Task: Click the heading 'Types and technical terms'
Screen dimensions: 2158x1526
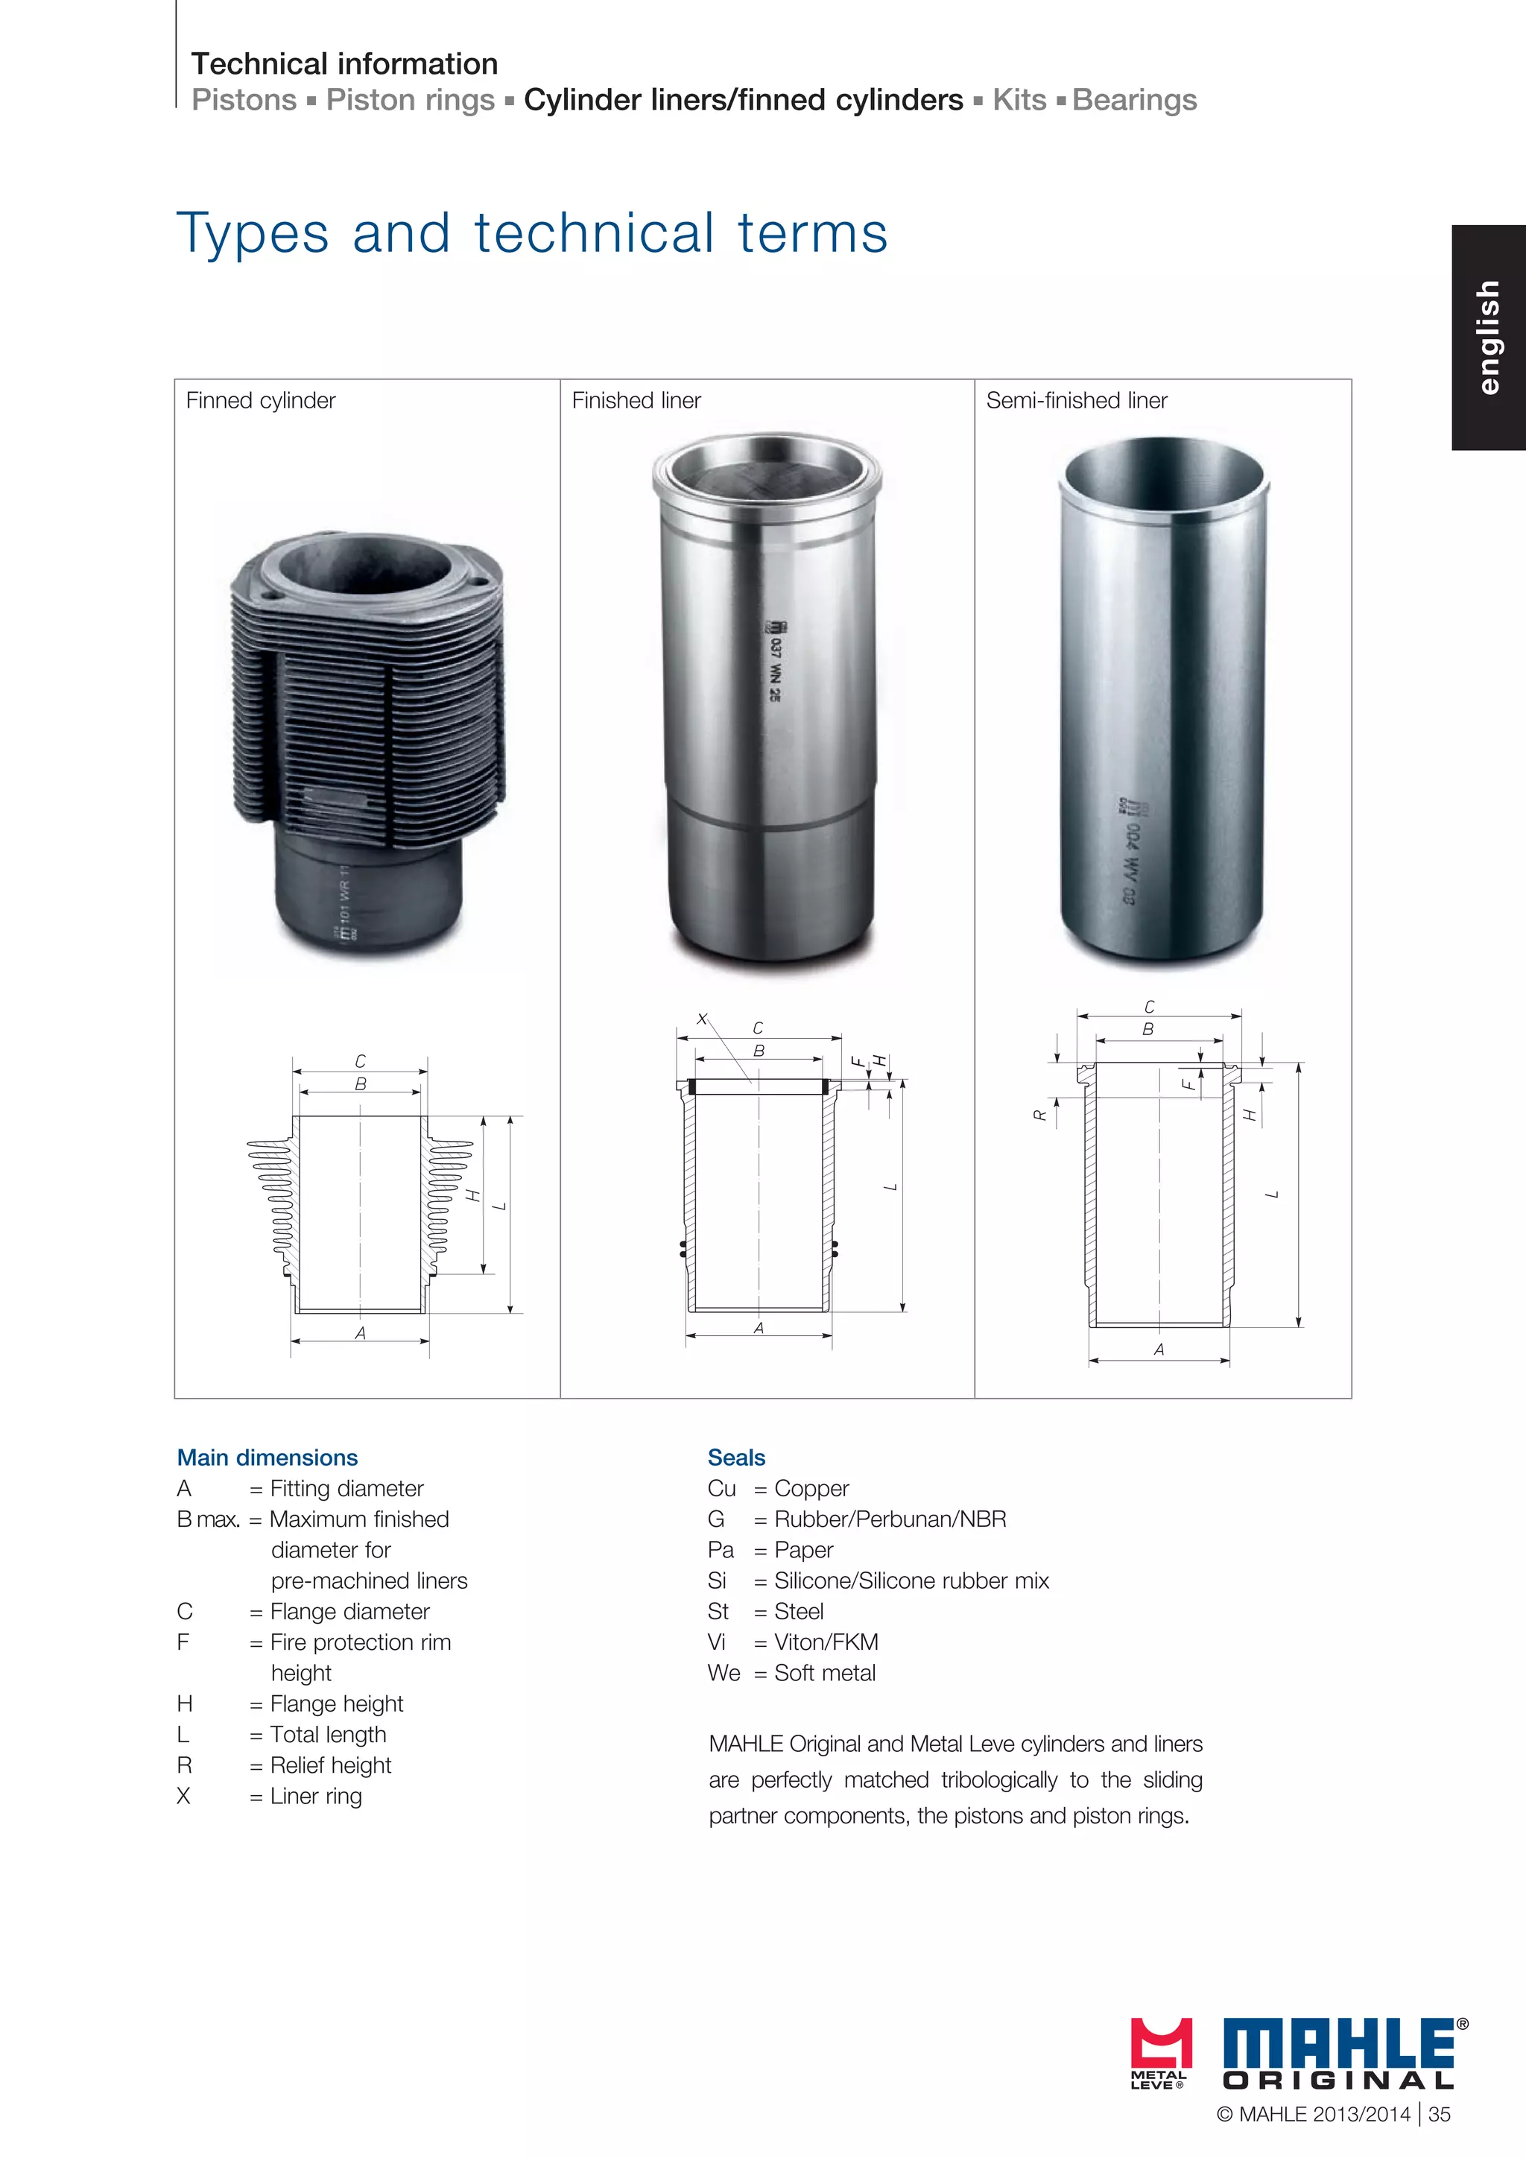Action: (532, 233)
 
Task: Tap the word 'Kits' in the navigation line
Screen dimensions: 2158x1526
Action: (1019, 100)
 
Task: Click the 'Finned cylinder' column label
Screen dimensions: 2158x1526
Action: (260, 400)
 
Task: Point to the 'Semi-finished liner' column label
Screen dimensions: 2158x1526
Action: (1076, 400)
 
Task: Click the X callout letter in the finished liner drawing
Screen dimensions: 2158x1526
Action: (702, 1019)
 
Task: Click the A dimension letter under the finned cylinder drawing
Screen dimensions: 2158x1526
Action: (360, 1333)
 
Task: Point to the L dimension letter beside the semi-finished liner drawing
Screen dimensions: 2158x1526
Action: (1273, 1195)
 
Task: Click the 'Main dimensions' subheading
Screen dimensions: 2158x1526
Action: (267, 1458)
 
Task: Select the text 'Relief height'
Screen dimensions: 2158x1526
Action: (330, 1765)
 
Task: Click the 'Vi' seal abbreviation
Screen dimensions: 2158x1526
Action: (716, 1642)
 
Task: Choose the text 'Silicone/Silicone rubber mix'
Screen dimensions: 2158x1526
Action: (911, 1581)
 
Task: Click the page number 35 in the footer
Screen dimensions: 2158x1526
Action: (1439, 2115)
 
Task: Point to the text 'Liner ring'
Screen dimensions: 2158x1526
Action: (316, 1796)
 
